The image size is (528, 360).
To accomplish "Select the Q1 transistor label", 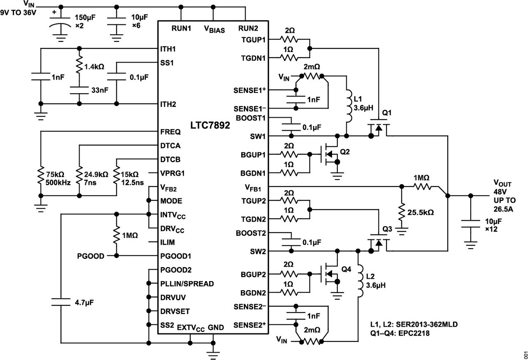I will click(x=387, y=113).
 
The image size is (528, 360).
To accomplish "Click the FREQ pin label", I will click(x=170, y=132).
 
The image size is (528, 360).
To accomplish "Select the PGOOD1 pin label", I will click(x=176, y=256).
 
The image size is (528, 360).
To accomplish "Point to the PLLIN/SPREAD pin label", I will click(x=187, y=284).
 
